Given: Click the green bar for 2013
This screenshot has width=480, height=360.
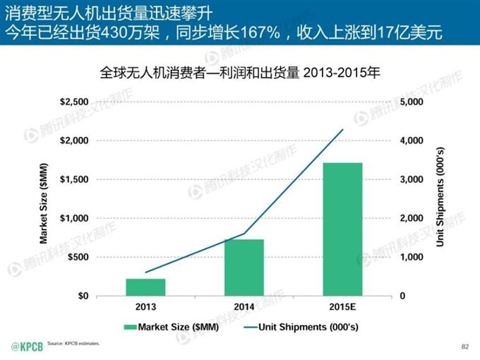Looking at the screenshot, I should pos(145,287).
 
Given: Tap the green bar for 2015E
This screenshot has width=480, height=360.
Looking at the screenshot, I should pos(342,229).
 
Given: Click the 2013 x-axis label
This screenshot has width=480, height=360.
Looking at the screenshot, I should pos(145,308).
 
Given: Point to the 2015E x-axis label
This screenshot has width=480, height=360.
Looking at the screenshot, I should pos(342,308).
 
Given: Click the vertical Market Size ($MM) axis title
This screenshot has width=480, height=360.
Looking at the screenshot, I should pos(43,199).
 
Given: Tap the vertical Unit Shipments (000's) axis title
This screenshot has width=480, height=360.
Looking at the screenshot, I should pos(440,199).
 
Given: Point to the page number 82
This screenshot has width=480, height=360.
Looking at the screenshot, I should pos(464,346).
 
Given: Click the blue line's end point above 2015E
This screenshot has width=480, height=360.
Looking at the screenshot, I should pos(342,130).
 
